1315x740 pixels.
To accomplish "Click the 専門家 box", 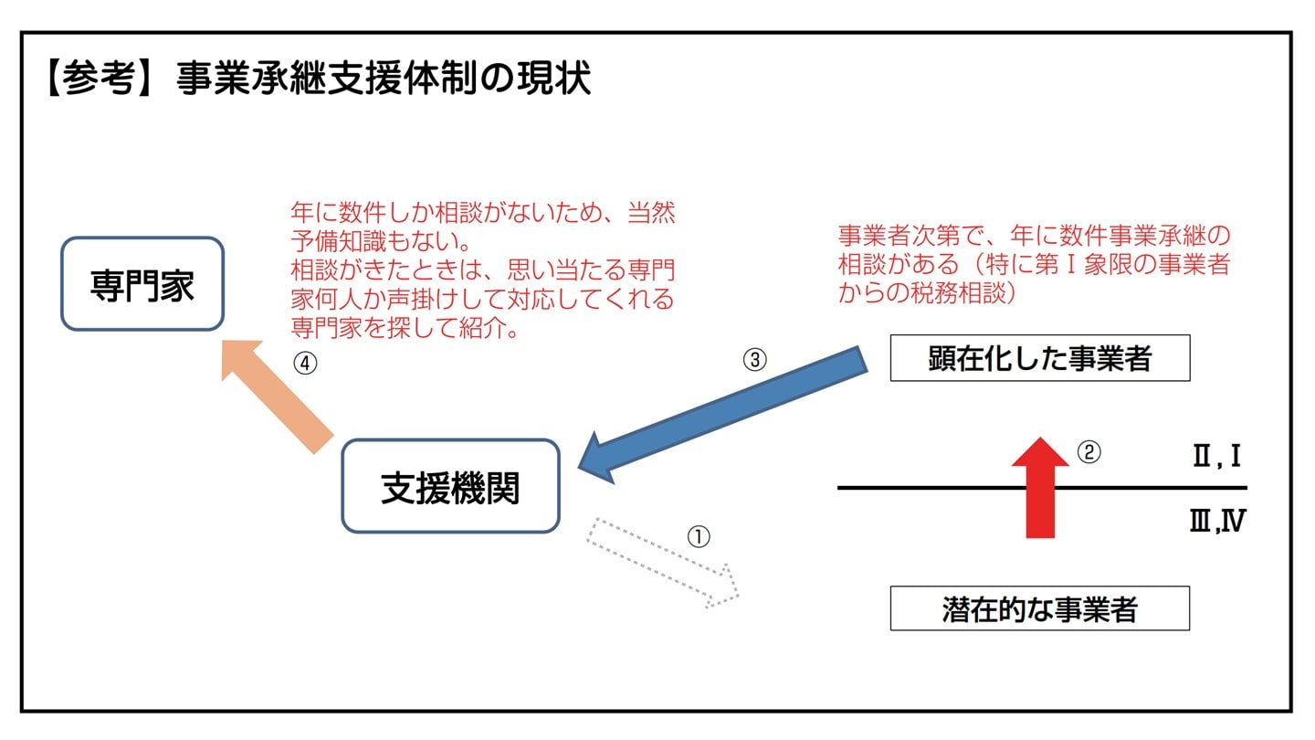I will pos(142,283).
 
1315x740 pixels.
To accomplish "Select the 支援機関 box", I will pos(450,486).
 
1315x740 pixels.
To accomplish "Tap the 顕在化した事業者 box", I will pos(1039,358).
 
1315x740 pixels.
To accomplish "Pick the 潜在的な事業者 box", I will pos(1039,608).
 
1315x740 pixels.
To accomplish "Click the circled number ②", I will pos(1089,452).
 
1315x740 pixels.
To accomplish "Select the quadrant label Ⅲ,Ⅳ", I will pos(1216,523).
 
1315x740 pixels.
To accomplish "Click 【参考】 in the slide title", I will pos(96,79).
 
